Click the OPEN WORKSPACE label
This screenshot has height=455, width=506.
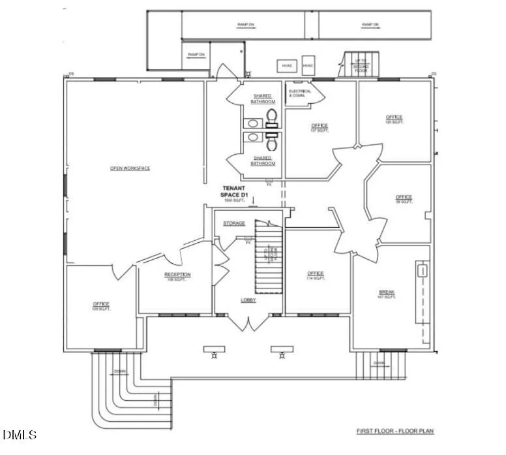tap(130, 168)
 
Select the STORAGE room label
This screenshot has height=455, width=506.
tap(234, 224)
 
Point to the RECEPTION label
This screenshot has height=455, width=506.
tap(177, 275)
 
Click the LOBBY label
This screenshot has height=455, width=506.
tap(248, 300)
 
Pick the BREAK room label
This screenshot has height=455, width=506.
tap(387, 292)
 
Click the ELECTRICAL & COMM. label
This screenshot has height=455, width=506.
tap(301, 93)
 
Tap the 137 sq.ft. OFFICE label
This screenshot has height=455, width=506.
tap(320, 125)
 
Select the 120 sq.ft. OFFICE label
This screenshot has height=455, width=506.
tap(394, 118)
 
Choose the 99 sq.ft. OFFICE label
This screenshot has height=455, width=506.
tap(404, 197)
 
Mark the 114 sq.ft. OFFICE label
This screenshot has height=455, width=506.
tap(316, 274)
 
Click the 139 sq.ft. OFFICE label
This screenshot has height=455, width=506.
tap(101, 304)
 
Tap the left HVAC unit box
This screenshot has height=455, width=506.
tap(287, 66)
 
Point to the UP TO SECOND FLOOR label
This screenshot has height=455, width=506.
tap(360, 63)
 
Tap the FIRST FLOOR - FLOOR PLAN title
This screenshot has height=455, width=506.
tap(394, 431)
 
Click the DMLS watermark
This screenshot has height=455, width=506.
tap(20, 435)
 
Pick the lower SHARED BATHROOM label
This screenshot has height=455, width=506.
tap(262, 161)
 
